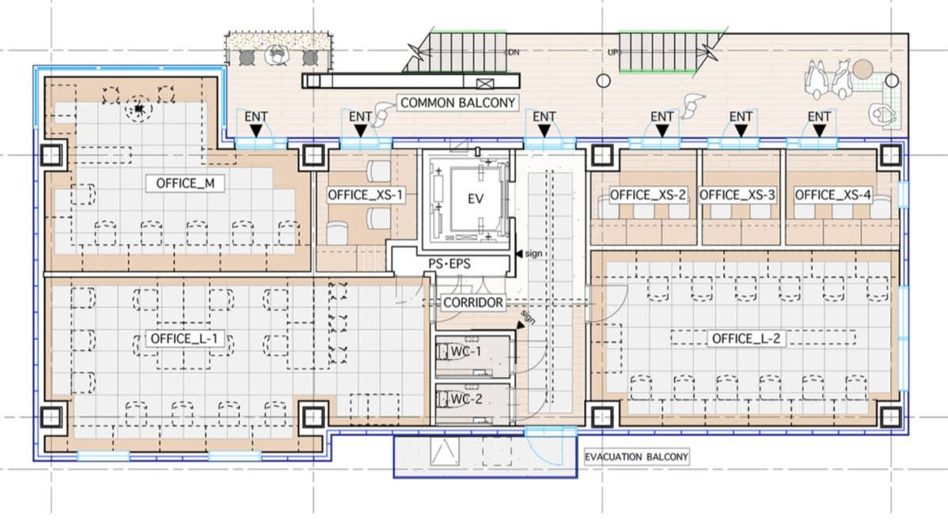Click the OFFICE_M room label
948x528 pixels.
point(185,183)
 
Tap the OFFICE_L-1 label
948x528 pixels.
point(184,338)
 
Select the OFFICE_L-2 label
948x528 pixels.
point(746,338)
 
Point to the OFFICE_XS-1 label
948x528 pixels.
point(365,194)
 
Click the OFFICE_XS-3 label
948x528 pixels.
point(737,194)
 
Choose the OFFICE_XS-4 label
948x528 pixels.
point(832,194)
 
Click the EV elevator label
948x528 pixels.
point(476,198)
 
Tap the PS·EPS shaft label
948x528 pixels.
point(449,264)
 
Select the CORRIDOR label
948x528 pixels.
point(472,302)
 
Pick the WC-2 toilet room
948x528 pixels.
point(472,401)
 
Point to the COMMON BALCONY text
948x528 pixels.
point(457,103)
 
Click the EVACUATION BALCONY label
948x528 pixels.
point(637,457)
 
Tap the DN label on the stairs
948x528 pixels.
point(513,52)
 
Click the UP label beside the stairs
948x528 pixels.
point(613,52)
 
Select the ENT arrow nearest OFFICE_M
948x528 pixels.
point(256,130)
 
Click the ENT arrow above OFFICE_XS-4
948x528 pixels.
point(819,130)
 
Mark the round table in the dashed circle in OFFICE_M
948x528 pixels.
point(139,109)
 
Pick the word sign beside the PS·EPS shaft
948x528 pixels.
point(533,254)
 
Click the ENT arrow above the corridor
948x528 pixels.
point(544,130)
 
